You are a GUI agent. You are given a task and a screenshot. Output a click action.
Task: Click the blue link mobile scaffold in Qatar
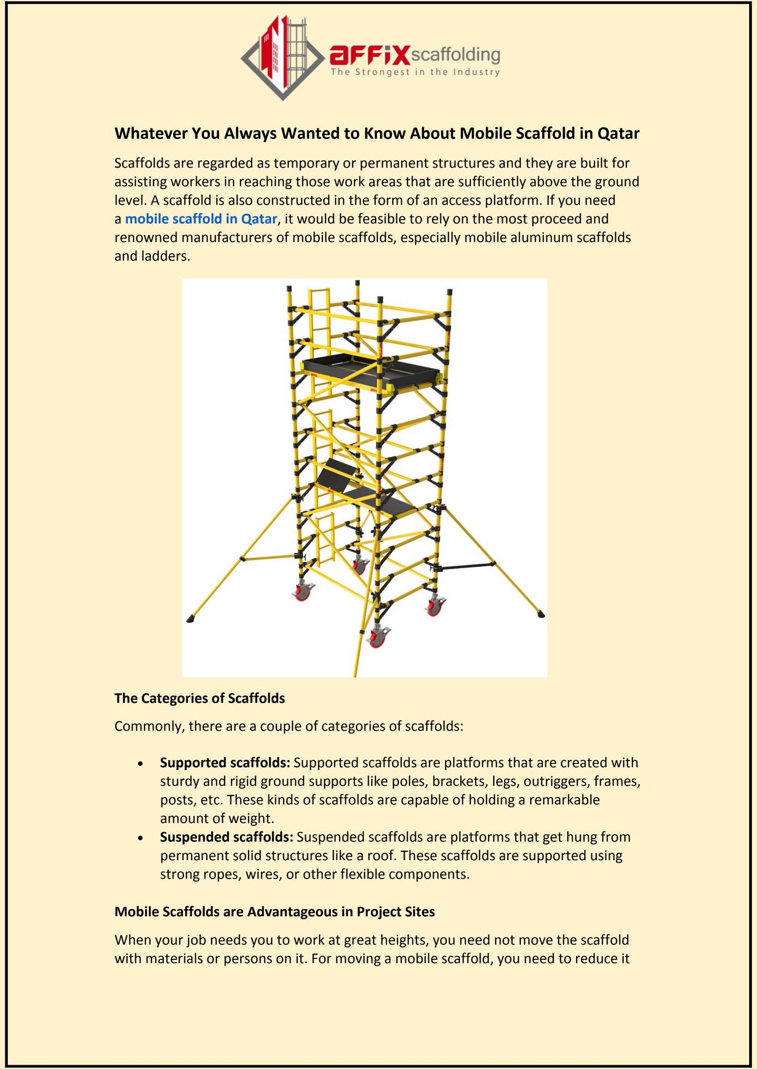coord(201,219)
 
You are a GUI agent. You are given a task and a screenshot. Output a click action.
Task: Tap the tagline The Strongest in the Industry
coord(415,72)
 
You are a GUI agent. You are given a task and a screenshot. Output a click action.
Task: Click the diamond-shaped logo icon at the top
coord(282,57)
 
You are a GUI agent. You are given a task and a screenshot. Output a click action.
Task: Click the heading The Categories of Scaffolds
coord(200,698)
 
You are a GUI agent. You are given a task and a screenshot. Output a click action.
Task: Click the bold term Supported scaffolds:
coord(225,763)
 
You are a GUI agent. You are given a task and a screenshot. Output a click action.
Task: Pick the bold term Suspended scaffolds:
coord(226,837)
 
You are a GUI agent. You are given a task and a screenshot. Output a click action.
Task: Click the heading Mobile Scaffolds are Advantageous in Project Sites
coord(274,912)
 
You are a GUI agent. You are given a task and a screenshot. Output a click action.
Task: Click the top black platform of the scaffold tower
coord(370,369)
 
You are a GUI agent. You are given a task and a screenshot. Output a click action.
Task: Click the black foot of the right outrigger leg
coord(541,615)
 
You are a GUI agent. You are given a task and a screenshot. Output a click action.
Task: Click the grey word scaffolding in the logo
coord(456,55)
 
